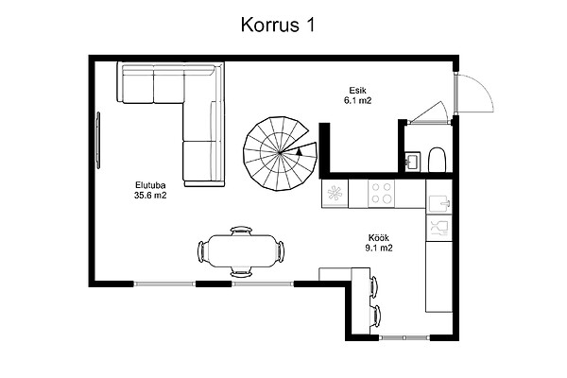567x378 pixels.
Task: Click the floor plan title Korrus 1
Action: point(278,26)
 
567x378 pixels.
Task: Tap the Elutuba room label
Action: point(150,185)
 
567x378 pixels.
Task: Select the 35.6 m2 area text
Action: point(150,196)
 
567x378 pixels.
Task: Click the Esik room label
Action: point(357,90)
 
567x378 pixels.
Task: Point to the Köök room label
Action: point(379,238)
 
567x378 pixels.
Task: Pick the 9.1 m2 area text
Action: point(379,249)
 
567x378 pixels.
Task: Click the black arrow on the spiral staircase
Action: point(299,152)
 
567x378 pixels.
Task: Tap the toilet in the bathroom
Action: point(438,160)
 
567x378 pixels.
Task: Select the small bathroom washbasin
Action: point(412,161)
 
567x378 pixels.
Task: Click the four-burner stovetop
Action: point(382,193)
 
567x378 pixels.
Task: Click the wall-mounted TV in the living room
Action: point(98,140)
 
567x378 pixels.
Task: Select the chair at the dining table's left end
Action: point(202,251)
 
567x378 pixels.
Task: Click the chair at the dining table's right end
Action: point(280,250)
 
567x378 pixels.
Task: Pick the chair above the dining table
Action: point(242,231)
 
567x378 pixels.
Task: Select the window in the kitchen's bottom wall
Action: point(404,338)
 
